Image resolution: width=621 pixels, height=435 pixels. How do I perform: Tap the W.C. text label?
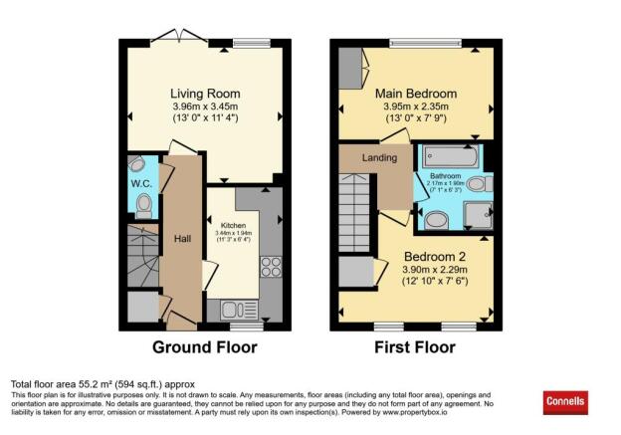click(x=140, y=183)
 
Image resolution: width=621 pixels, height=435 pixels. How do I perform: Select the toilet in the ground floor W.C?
click(x=143, y=206)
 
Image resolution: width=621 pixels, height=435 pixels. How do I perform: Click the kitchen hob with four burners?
click(x=270, y=267)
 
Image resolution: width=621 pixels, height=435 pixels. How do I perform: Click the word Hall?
click(x=182, y=238)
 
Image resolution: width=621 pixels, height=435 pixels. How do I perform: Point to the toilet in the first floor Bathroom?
click(x=477, y=184)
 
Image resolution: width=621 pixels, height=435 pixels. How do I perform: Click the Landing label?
click(x=379, y=157)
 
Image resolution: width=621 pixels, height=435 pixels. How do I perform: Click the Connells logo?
click(x=566, y=402)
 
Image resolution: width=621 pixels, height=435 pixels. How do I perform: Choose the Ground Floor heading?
click(x=204, y=347)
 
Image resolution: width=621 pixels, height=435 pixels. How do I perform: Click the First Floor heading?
click(x=414, y=347)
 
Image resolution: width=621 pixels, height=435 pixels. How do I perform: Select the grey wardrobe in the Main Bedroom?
click(x=351, y=66)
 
